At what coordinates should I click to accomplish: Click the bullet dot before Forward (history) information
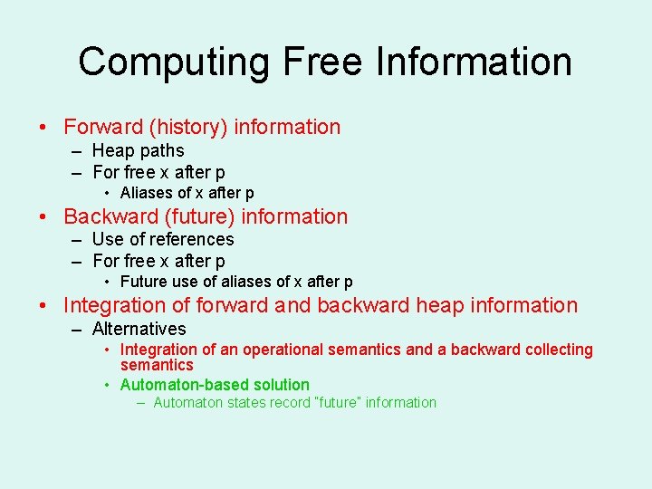coord(45,128)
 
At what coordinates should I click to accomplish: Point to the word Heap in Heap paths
coord(113,151)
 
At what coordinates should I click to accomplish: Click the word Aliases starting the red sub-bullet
coord(147,193)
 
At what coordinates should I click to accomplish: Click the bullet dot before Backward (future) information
coord(45,217)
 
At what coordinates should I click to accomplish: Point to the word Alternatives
coord(139,330)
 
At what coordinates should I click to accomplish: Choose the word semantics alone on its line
coord(157,365)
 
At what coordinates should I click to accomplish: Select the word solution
coord(276,385)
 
